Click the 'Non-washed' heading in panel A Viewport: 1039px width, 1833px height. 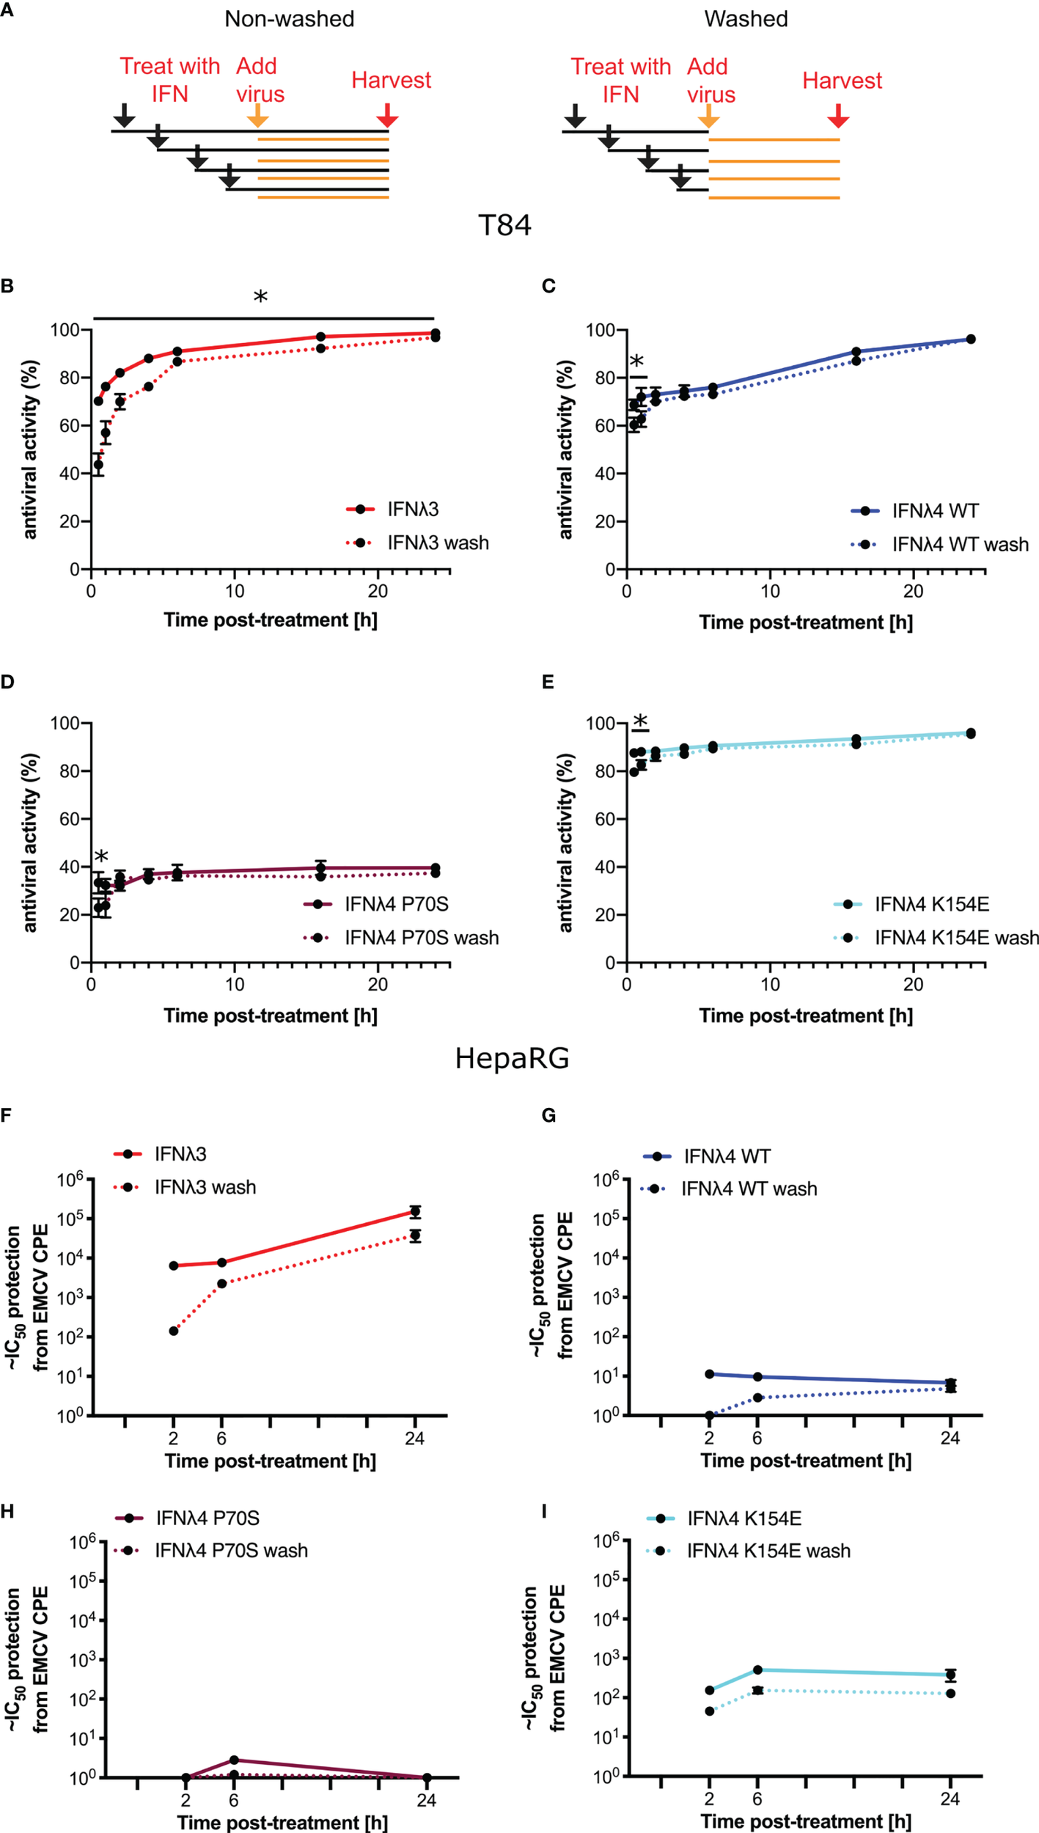289,19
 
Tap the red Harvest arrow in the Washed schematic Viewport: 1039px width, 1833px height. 838,116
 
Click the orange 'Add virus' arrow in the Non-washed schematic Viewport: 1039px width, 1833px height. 257,116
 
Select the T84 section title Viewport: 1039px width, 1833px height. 504,225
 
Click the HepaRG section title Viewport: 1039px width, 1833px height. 512,1059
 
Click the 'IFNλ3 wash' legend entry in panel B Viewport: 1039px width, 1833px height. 438,543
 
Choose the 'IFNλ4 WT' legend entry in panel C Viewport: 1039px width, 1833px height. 935,510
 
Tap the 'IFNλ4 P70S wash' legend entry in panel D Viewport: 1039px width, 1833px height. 422,938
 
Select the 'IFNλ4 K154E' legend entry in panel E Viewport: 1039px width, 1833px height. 931,904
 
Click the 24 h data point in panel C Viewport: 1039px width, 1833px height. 971,339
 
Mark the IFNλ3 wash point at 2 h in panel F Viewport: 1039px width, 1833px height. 174,1331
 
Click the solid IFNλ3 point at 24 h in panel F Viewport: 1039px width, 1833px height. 415,1211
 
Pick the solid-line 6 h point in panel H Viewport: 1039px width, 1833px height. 234,1760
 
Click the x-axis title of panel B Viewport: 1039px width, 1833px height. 271,620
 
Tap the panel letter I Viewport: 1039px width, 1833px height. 543,1512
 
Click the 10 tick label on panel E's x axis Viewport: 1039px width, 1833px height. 770,984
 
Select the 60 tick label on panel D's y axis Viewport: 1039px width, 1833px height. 70,819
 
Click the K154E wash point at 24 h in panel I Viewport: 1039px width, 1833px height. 950,1694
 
